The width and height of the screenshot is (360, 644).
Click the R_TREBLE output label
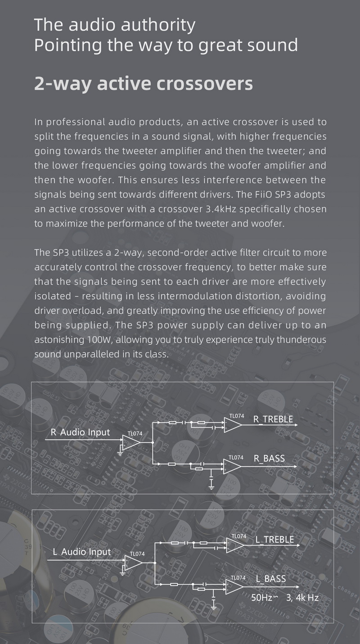coord(273,419)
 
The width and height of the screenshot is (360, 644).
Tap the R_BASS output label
coord(269,458)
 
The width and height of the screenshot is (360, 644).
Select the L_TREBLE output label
coord(274,539)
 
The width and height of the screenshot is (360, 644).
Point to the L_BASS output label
coord(270,578)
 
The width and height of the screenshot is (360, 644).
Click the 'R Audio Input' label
coord(80,432)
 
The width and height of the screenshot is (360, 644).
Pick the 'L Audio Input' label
coord(81,551)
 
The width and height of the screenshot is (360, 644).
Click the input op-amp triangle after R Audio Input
coord(131,443)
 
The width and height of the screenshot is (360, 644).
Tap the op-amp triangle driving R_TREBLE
coord(232,424)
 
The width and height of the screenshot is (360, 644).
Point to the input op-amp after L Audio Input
coord(133,563)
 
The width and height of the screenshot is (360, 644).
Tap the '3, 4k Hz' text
coord(302,598)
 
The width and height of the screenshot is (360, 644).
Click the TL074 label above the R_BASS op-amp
coord(236,457)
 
